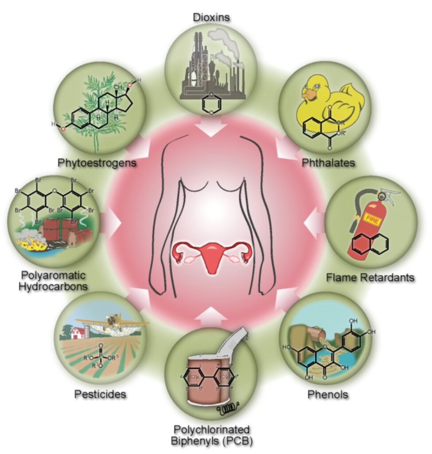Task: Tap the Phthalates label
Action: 328,163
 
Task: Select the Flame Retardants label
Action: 370,278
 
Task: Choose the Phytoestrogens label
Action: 97,163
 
